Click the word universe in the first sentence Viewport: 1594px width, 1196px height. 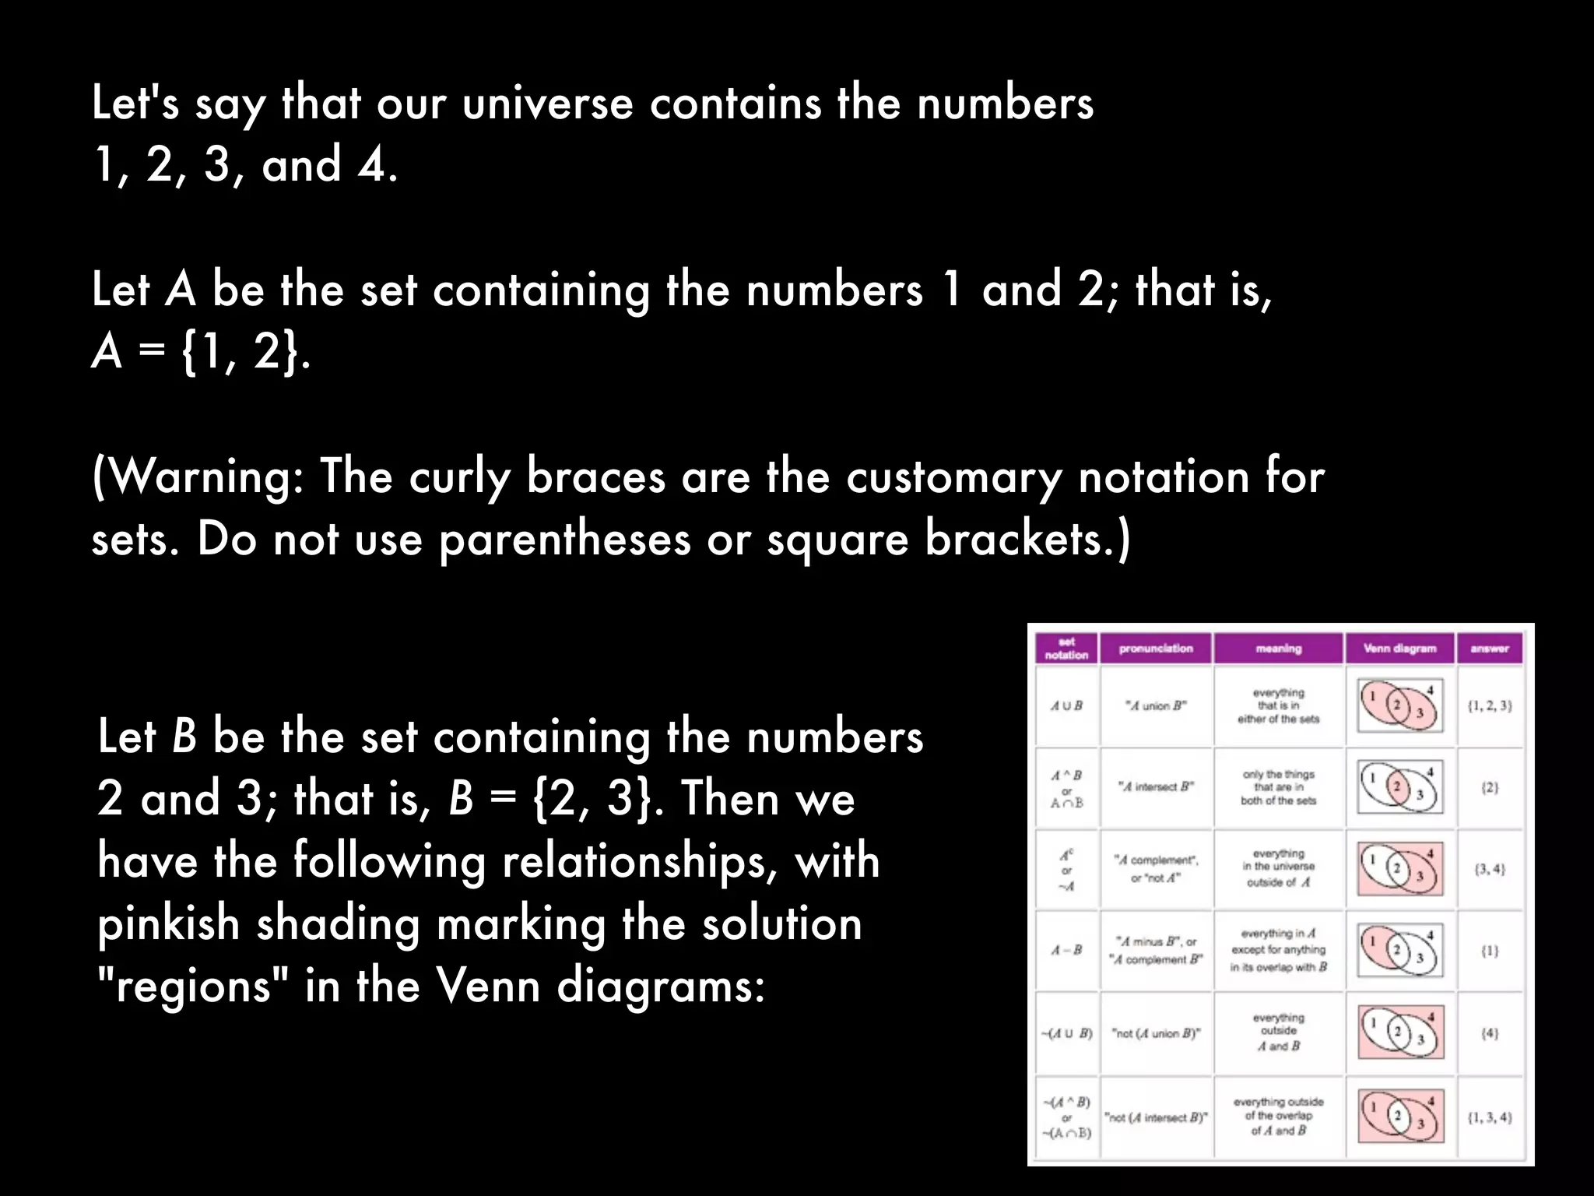click(547, 104)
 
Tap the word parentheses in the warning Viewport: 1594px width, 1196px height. click(564, 540)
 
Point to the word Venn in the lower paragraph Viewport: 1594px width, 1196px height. click(487, 987)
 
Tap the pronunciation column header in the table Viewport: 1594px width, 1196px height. click(1156, 649)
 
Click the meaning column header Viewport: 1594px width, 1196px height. click(1278, 649)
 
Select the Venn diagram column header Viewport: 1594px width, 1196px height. click(1399, 649)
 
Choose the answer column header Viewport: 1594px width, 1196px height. click(1489, 649)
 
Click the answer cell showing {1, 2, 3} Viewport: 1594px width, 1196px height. click(1489, 706)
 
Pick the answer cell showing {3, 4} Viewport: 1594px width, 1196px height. click(1489, 869)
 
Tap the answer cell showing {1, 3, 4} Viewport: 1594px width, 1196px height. click(1489, 1117)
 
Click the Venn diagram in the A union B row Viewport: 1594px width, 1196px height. click(1399, 705)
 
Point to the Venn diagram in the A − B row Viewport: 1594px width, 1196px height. click(1399, 950)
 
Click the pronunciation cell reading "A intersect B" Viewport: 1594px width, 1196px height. click(1156, 786)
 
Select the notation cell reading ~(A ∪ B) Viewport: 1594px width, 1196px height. click(1067, 1034)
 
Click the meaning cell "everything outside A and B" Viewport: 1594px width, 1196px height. click(1278, 1032)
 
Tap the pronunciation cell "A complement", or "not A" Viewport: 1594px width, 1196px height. click(1156, 869)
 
